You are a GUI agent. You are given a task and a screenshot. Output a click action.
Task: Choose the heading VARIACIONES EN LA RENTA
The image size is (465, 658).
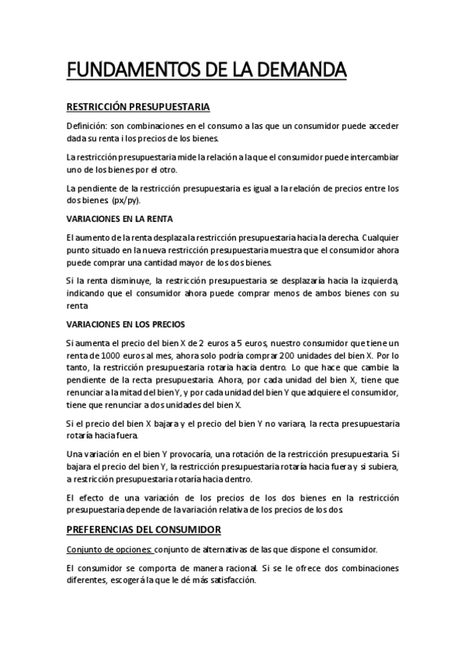pyautogui.click(x=120, y=218)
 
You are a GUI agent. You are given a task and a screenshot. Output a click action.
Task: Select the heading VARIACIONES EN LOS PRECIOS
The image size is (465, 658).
pyautogui.click(x=125, y=324)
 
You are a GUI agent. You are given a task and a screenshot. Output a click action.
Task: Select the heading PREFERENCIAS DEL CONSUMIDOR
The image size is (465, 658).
pyautogui.click(x=144, y=530)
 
